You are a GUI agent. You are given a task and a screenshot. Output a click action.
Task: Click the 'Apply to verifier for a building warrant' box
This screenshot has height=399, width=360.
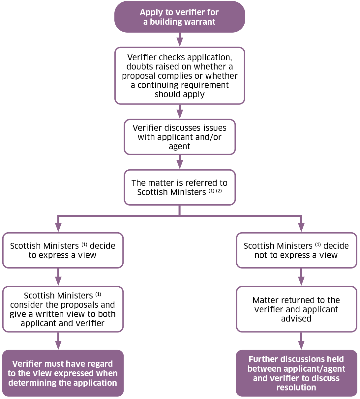click(x=180, y=17)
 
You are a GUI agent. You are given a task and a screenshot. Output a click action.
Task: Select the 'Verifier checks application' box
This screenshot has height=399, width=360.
click(x=180, y=76)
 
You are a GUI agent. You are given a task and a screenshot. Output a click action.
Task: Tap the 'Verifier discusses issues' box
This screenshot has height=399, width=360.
click(x=180, y=137)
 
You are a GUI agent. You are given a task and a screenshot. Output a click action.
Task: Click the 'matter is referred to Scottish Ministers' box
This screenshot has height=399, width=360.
click(x=180, y=187)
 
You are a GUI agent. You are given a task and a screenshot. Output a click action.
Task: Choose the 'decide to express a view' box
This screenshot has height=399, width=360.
click(x=63, y=250)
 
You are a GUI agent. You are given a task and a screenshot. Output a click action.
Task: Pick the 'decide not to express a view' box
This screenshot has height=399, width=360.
click(x=296, y=250)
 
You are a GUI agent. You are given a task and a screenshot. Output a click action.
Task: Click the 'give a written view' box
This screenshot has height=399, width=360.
click(x=63, y=309)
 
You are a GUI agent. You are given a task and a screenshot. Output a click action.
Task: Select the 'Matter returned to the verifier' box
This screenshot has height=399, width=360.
click(x=296, y=309)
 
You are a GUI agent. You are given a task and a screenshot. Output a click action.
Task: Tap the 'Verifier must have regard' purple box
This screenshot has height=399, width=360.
click(x=63, y=373)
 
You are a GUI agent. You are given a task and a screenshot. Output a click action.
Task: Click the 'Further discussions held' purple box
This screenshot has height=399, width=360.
click(x=296, y=373)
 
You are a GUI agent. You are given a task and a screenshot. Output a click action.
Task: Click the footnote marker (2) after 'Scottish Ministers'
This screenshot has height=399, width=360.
click(x=219, y=191)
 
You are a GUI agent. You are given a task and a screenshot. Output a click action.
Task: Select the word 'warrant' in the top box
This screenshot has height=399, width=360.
click(x=199, y=22)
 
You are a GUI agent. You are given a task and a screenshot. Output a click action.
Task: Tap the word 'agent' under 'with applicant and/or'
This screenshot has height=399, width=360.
click(x=179, y=146)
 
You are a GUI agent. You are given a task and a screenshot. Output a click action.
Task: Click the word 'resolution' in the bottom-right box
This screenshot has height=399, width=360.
click(x=296, y=387)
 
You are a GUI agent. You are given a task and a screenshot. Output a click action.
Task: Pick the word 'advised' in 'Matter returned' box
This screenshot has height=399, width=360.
click(x=296, y=319)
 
